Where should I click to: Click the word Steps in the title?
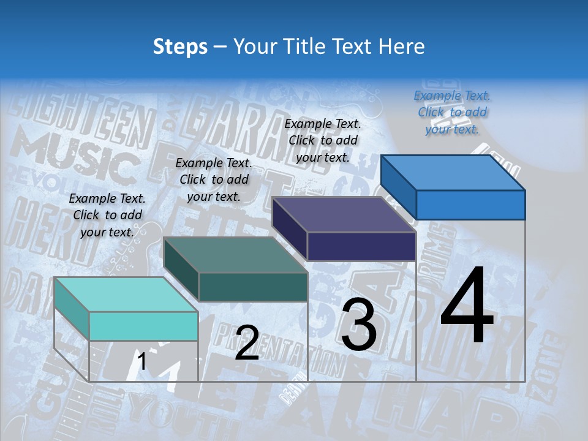pyautogui.click(x=180, y=47)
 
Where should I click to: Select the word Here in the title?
pyautogui.click(x=402, y=47)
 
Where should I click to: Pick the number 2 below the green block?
pyautogui.click(x=247, y=343)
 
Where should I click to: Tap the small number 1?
pyautogui.click(x=142, y=362)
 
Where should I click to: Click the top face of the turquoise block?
pyautogui.click(x=126, y=294)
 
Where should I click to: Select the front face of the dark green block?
pyautogui.click(x=253, y=287)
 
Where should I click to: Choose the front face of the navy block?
pyautogui.click(x=361, y=246)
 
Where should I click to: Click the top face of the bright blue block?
pyautogui.click(x=453, y=172)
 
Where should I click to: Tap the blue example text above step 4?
pyautogui.click(x=452, y=112)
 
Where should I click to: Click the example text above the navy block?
pyautogui.click(x=323, y=140)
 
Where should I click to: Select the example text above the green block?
pyautogui.click(x=214, y=179)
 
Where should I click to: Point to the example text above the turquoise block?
pyautogui.click(x=107, y=215)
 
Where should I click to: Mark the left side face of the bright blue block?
pyautogui.click(x=399, y=187)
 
